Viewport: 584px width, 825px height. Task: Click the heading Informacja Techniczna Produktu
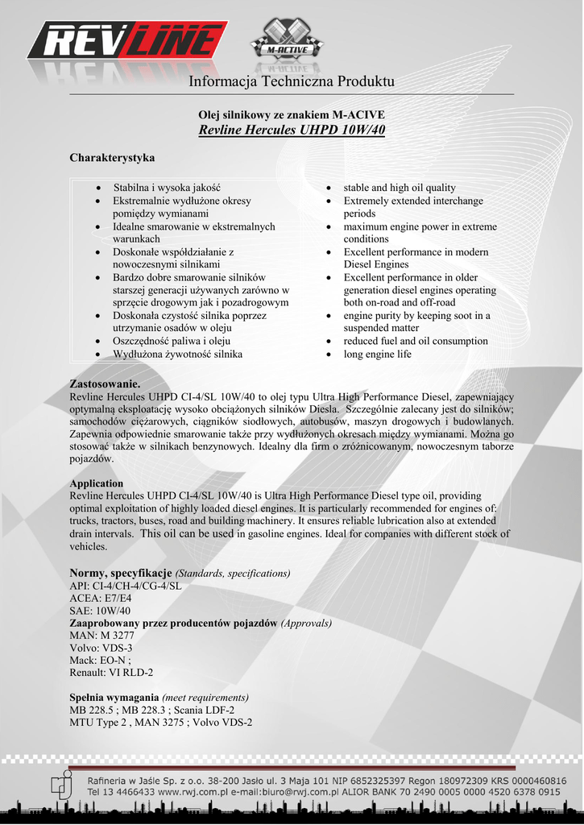click(292, 82)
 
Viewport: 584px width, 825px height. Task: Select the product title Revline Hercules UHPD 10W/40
click(292, 130)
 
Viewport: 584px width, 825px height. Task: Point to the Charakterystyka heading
click(112, 157)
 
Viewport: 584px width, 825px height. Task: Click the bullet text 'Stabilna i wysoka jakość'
click(167, 188)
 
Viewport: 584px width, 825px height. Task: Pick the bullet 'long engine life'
click(377, 354)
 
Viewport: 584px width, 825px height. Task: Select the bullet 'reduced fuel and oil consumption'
click(416, 341)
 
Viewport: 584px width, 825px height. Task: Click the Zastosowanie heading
click(106, 384)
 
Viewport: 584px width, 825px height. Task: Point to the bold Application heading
click(97, 483)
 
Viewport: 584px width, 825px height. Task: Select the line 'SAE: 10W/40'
click(100, 611)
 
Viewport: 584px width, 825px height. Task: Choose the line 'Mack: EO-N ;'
click(101, 660)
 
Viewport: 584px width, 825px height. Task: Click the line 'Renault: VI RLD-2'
click(111, 672)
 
